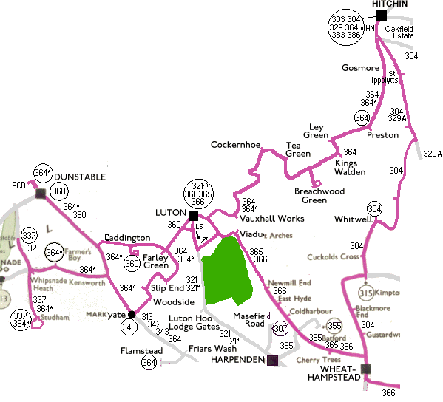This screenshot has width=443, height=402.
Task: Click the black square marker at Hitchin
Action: (382, 15)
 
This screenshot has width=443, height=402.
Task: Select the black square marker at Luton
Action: (193, 216)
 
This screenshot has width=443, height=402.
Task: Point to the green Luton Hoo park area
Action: (230, 270)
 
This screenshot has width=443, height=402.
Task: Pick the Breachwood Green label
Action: (320, 195)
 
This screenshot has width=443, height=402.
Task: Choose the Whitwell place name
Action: (352, 219)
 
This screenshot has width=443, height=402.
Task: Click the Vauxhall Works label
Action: (271, 219)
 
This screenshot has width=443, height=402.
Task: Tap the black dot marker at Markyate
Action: (132, 313)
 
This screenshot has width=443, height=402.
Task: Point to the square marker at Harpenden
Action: (271, 360)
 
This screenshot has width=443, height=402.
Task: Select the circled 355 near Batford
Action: (334, 325)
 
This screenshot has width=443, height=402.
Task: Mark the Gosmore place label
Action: (360, 68)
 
